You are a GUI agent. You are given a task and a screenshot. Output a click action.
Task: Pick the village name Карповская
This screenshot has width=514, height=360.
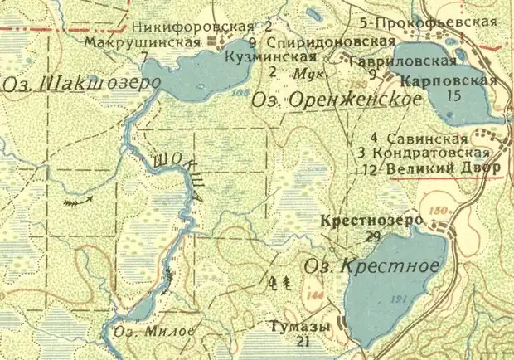tap(448, 80)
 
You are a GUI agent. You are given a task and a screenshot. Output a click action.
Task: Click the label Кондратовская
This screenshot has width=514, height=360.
tap(428, 153)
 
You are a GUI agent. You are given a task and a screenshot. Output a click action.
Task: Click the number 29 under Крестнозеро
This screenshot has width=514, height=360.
tap(373, 236)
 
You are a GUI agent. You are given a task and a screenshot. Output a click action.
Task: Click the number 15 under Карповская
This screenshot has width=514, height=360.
tap(452, 96)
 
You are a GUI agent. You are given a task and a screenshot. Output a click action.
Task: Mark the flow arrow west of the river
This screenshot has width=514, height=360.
tap(77, 200)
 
